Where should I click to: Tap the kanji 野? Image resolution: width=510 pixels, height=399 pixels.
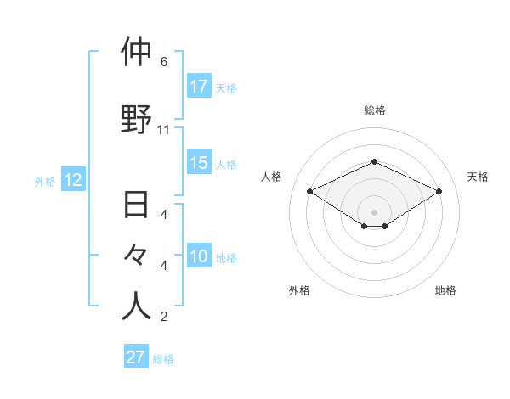[x=137, y=119]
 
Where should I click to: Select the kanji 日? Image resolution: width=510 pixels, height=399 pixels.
[x=137, y=206]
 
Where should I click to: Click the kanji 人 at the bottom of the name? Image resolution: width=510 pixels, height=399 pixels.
[x=137, y=306]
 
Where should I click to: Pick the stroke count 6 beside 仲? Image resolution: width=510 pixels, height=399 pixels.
[x=163, y=62]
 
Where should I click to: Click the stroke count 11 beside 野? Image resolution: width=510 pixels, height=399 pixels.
[x=164, y=130]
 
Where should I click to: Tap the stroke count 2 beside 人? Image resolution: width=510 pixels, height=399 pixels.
[x=163, y=318]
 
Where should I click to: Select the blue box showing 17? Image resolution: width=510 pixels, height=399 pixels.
[x=199, y=87]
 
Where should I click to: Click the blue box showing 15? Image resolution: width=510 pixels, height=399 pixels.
[x=199, y=163]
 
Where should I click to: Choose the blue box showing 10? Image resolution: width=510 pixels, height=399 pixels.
[x=199, y=256]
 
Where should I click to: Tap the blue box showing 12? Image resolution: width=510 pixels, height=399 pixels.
[x=73, y=180]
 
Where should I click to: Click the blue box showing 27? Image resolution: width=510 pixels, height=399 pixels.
[x=136, y=357]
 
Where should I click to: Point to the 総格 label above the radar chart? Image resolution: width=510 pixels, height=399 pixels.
[x=374, y=110]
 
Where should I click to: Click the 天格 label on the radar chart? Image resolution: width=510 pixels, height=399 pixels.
[x=478, y=177]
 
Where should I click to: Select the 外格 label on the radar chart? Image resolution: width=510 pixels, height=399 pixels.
[x=299, y=290]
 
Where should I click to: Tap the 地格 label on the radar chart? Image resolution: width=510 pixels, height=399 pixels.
[x=445, y=290]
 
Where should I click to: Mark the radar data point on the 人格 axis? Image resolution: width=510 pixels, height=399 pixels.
[x=310, y=191]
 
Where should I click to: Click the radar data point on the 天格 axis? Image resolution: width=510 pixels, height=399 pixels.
[x=439, y=191]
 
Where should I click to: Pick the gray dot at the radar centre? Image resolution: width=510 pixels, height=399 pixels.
[x=374, y=211]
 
